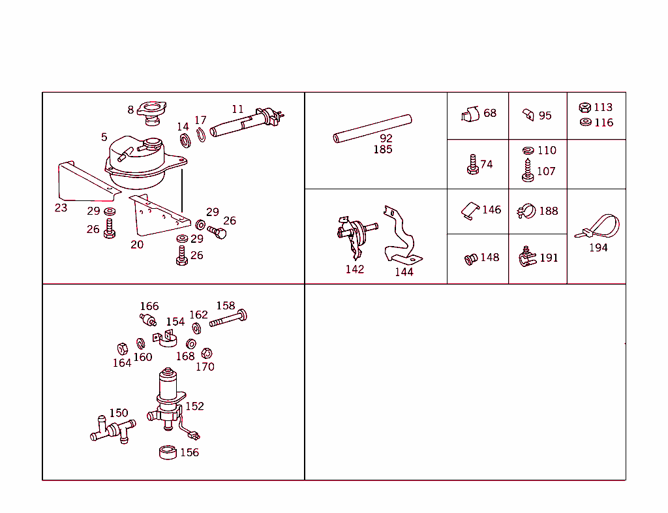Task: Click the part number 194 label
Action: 598,248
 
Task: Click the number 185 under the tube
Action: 382,150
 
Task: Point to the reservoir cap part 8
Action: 152,110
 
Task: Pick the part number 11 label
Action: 237,110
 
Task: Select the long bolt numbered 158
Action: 228,319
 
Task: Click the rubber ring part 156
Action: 168,452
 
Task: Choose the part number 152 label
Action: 194,406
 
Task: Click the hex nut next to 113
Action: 585,108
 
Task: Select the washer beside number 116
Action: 585,122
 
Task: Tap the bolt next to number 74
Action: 471,164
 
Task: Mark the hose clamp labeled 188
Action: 526,211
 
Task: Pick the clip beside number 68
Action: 469,114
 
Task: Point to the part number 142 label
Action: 355,270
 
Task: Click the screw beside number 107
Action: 528,172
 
